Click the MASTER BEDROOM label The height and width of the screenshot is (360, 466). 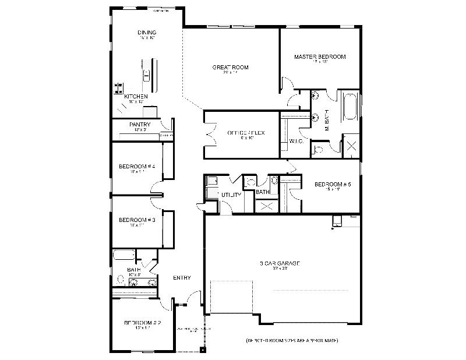320,57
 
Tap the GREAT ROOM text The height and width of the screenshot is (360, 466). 230,68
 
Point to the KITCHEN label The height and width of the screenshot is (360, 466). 136,96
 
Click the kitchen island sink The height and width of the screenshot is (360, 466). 147,74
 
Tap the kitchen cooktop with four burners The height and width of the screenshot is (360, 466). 118,89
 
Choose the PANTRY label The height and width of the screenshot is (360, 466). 140,125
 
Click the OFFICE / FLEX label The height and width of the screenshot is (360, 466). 246,133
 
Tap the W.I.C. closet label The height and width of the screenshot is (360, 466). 295,142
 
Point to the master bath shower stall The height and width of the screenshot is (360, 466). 351,146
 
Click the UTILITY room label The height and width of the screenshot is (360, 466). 231,195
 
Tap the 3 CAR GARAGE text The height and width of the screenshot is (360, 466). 280,263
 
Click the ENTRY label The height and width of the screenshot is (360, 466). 182,278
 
